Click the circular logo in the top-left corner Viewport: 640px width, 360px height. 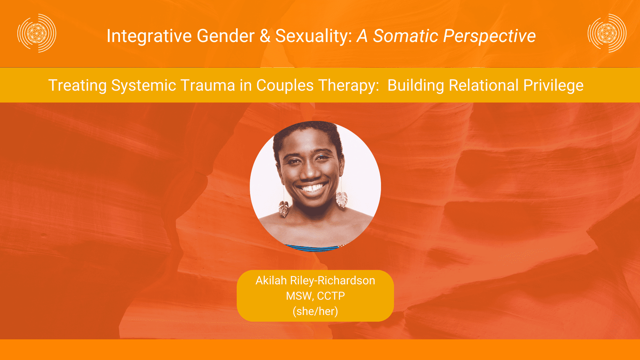(37, 33)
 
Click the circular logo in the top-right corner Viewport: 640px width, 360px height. (607, 33)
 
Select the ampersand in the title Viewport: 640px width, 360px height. (265, 36)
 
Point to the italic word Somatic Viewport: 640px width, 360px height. (405, 36)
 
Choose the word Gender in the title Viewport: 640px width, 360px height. (226, 36)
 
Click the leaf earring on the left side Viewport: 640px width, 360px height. (284, 209)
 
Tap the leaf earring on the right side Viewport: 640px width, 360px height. (342, 199)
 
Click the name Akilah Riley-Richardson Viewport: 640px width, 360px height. (315, 281)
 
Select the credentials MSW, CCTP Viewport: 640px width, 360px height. (315, 296)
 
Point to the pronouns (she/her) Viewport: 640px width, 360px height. (315, 311)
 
